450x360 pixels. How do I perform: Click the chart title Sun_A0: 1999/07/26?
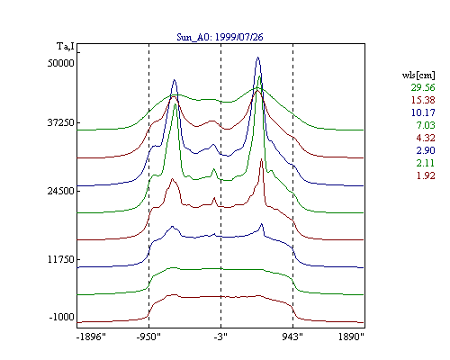coord(220,37)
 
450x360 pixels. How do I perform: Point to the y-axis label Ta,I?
coord(66,47)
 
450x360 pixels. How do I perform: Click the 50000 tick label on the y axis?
coord(61,63)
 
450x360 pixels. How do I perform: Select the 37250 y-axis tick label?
coord(61,122)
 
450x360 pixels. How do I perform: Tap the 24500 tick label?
coord(61,191)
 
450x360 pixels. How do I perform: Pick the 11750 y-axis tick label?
coord(61,259)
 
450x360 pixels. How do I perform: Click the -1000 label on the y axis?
coord(62,317)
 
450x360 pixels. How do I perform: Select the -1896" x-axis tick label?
coord(91,337)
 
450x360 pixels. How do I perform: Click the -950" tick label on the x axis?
coord(148,337)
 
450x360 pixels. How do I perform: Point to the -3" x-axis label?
coord(220,337)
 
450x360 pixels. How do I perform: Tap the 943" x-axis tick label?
coord(292,337)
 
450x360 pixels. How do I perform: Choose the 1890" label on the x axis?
coord(351,337)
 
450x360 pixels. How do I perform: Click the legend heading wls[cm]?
coord(418,75)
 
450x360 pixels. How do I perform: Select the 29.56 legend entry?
coord(423,87)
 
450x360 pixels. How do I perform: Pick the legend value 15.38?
coord(423,100)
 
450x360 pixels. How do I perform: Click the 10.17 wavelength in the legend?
coord(423,112)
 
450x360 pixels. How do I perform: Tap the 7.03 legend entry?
coord(426,125)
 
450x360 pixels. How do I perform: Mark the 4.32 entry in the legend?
coord(426,138)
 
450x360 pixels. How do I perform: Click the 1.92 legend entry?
coord(426,175)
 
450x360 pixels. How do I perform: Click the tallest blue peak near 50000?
coord(257,58)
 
